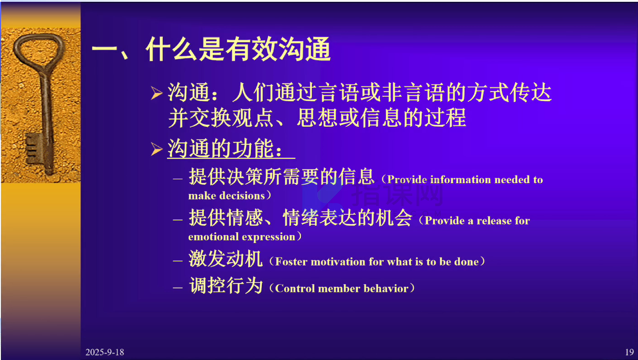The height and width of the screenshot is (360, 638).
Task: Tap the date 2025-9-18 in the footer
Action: coord(105,352)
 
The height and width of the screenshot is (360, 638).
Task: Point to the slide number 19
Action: coord(629,352)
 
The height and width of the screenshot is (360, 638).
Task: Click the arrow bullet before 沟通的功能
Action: coord(156,149)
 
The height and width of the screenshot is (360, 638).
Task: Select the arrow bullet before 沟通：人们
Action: coord(156,93)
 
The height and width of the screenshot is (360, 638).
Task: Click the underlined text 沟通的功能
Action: coord(225,148)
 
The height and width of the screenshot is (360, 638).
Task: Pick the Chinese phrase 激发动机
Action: coord(225,259)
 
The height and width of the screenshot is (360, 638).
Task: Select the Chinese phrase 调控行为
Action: coord(226,285)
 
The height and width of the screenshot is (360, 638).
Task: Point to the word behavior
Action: coord(386,289)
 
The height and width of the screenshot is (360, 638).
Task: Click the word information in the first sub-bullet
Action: coord(461,180)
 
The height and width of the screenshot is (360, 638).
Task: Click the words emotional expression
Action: coord(241,237)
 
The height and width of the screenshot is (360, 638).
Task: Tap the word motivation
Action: coord(338,261)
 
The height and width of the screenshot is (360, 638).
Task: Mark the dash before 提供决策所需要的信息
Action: coord(178,179)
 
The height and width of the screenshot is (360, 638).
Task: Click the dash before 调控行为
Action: coord(178,288)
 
